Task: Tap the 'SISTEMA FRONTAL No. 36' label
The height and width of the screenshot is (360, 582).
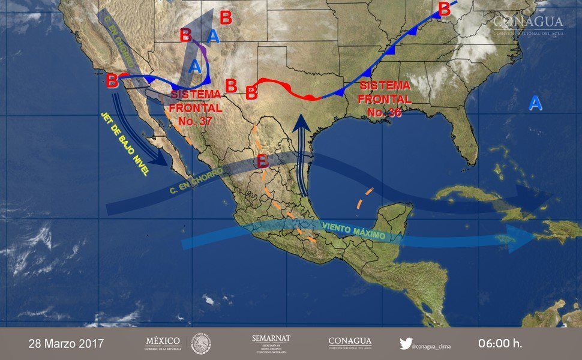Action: point(386,98)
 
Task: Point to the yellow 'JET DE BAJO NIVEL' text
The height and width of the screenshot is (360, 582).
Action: point(125,144)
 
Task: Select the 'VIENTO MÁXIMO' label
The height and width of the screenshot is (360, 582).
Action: point(353,230)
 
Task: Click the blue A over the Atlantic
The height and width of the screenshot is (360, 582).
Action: point(535,104)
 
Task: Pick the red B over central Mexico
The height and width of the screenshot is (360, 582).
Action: point(262,161)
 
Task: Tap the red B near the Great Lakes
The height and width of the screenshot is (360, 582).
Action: point(444,9)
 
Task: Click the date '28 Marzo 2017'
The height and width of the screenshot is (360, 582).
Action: point(66,344)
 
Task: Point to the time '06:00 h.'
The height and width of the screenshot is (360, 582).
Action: point(500,344)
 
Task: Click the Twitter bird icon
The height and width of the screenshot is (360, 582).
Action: point(406,344)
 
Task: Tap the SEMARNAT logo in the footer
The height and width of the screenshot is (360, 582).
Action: point(271,344)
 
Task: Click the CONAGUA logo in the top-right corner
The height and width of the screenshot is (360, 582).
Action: point(528,26)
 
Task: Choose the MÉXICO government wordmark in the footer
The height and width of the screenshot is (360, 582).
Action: point(163,344)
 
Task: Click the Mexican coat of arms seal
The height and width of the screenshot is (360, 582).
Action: point(201,344)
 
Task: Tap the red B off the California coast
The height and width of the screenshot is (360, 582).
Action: point(112,80)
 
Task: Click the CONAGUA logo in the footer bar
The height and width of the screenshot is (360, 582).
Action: point(350,344)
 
